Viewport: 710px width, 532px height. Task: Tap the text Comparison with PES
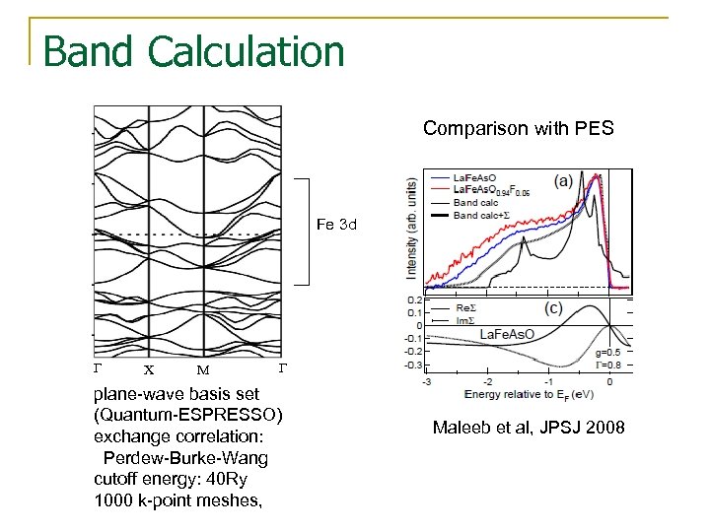[x=518, y=128]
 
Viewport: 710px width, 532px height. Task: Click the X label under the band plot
[x=149, y=371]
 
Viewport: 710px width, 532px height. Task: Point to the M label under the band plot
[x=202, y=371]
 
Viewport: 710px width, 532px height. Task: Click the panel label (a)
[x=564, y=181]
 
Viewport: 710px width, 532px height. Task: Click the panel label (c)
[x=554, y=308]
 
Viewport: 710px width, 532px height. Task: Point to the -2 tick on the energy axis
[x=487, y=381]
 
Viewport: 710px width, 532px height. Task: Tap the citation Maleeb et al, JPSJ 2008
[x=529, y=428]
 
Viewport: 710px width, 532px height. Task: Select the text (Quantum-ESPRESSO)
[x=188, y=413]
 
